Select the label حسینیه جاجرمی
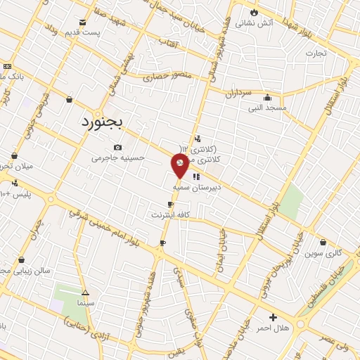[x=117, y=157]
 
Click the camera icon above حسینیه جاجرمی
[x=117, y=147]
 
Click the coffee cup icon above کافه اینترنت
[x=170, y=204]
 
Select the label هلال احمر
[x=273, y=328]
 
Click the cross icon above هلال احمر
[x=273, y=317]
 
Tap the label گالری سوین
[x=323, y=252]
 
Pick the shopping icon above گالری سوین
[x=323, y=242]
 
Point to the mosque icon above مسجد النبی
[x=267, y=98]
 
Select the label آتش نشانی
[x=254, y=23]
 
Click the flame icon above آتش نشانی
[x=254, y=13]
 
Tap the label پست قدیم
[x=84, y=32]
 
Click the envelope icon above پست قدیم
[x=84, y=22]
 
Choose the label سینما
[x=85, y=302]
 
